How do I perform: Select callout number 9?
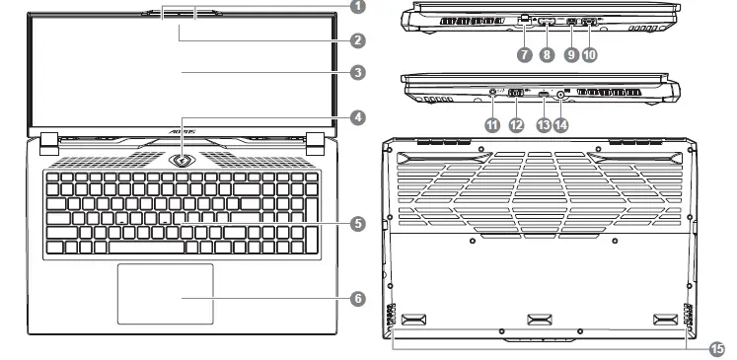[x=571, y=55]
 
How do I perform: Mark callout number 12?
[x=516, y=124]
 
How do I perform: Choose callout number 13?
[x=544, y=124]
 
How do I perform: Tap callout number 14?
[x=561, y=124]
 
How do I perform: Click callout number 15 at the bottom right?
[x=715, y=347]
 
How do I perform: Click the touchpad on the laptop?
[x=166, y=293]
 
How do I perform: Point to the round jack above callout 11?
[x=492, y=94]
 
